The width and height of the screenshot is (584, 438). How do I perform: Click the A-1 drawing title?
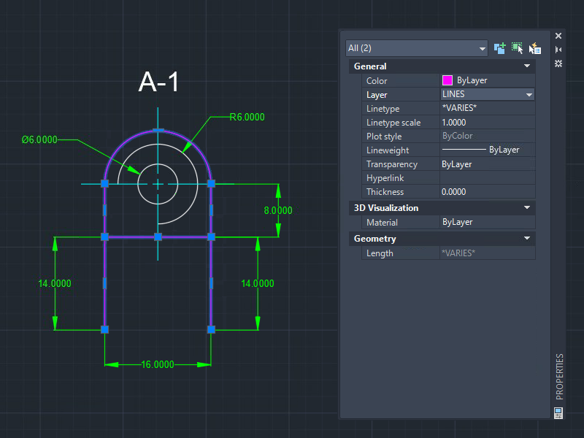pos(158,82)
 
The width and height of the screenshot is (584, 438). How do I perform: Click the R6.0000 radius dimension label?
pos(247,118)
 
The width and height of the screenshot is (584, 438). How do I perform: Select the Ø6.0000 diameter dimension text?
pos(39,139)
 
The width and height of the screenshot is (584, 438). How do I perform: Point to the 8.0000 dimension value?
pos(278,210)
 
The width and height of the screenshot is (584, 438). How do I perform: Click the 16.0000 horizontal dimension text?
pos(158,364)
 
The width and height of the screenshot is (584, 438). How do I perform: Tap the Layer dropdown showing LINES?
pos(487,94)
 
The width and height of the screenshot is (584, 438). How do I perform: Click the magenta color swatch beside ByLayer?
pos(447,80)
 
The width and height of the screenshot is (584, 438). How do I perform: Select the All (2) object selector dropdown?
pos(416,48)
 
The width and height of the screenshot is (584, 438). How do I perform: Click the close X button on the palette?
pos(558,36)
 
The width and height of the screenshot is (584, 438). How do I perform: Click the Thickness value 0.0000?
pos(453,192)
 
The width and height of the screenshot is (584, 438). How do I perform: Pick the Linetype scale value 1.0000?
pos(453,123)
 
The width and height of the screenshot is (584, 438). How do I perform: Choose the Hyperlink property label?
pos(385,178)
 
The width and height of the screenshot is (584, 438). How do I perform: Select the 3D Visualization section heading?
pos(386,208)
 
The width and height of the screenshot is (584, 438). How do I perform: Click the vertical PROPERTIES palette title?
pos(559,377)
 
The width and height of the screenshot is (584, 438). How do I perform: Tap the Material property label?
pos(382,223)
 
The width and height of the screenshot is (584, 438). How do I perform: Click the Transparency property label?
pos(392,164)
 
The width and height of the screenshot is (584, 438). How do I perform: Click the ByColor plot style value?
pos(458,136)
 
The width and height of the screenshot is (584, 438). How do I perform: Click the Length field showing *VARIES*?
pos(458,253)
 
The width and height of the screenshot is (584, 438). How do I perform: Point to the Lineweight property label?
pos(388,150)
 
